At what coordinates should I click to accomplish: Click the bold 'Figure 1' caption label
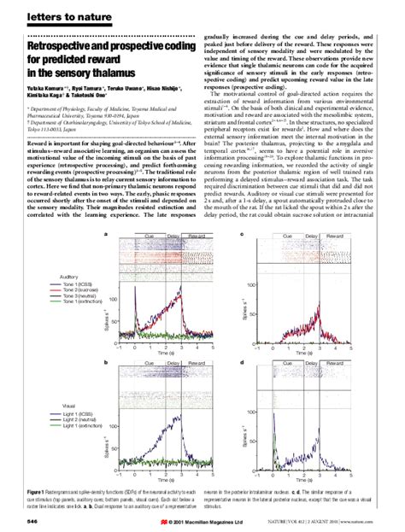[x=40, y=494]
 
